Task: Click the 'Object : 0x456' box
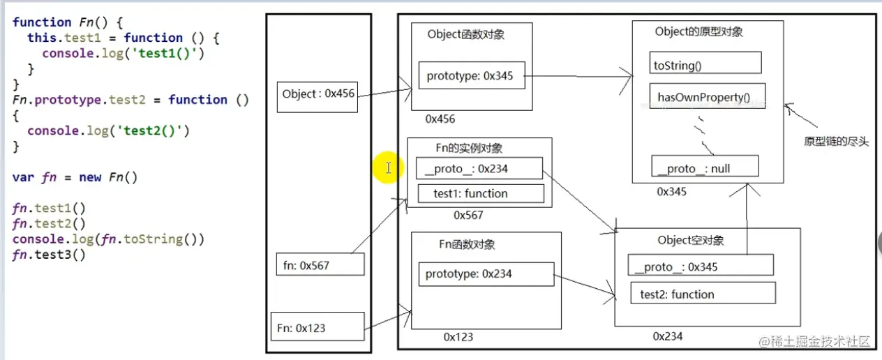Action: click(317, 94)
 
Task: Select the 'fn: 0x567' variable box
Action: click(320, 265)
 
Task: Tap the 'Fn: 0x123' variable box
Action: click(317, 328)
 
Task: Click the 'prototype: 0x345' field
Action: click(471, 76)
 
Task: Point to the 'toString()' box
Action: click(705, 66)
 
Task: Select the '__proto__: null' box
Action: click(704, 168)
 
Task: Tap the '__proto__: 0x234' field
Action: click(479, 168)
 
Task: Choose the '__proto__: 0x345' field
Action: click(701, 267)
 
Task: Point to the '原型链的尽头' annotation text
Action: click(836, 142)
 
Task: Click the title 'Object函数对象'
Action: click(466, 34)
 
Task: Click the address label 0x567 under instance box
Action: click(468, 215)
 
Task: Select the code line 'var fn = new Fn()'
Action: click(75, 177)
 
